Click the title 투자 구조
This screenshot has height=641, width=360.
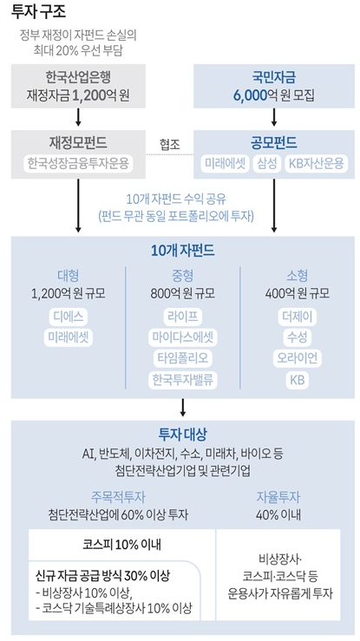coord(39,12)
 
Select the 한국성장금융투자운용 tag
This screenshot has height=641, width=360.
coord(78,164)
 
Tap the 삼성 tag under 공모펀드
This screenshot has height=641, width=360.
coord(267,164)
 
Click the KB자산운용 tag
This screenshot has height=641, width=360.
coord(317,164)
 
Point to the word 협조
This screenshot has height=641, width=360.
coord(169,145)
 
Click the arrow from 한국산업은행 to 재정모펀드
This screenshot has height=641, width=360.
coord(78,117)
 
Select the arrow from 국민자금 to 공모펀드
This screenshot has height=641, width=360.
coord(274,117)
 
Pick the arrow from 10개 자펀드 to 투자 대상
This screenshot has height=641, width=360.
coord(183,407)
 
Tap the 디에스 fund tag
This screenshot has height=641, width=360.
coord(69,317)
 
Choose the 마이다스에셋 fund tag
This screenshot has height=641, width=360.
coord(183,337)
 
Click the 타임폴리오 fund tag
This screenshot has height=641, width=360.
coord(183,358)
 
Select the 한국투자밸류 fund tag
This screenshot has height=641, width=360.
coord(183,380)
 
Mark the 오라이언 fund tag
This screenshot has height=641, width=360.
coord(297,358)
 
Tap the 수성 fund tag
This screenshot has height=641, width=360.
coord(297,337)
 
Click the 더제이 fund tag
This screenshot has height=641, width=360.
coord(297,317)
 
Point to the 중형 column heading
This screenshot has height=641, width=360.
coord(183,276)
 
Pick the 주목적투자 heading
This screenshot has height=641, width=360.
coord(118,497)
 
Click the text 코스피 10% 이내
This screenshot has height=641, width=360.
coord(121,545)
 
